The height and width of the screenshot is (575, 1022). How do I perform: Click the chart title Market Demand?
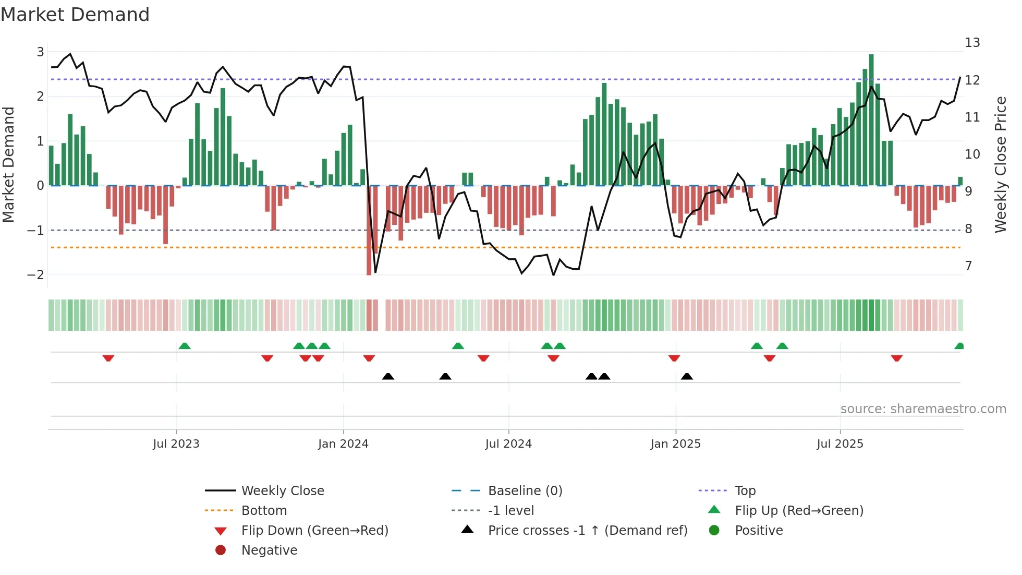pyautogui.click(x=75, y=15)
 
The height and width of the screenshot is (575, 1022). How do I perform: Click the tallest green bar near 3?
pyautogui.click(x=871, y=120)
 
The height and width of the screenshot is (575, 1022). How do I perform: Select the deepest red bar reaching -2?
pyautogui.click(x=369, y=230)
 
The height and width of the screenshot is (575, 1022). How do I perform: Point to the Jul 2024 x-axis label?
pyautogui.click(x=508, y=444)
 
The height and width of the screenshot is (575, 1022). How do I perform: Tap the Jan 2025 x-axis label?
pyautogui.click(x=675, y=444)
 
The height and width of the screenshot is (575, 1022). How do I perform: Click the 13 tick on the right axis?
pyautogui.click(x=972, y=43)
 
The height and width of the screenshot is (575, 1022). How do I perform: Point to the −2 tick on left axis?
pyautogui.click(x=35, y=275)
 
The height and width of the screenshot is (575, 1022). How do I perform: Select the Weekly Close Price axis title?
pyautogui.click(x=1000, y=164)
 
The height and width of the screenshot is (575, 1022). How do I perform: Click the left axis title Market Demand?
pyautogui.click(x=8, y=164)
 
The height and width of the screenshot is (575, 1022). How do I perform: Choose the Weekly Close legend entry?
pyautogui.click(x=282, y=491)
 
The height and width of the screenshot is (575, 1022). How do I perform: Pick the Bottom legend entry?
pyautogui.click(x=264, y=511)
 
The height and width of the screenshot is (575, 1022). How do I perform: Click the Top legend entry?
pyautogui.click(x=745, y=491)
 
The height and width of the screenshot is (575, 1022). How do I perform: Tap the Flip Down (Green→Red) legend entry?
pyautogui.click(x=314, y=531)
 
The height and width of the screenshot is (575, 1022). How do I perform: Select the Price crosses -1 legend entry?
pyautogui.click(x=587, y=531)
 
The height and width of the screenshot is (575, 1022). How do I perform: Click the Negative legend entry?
pyautogui.click(x=269, y=550)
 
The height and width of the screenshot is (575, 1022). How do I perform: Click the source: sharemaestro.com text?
pyautogui.click(x=923, y=409)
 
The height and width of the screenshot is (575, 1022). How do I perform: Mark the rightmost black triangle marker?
pyautogui.click(x=687, y=377)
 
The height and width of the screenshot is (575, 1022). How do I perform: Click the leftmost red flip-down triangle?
pyautogui.click(x=108, y=358)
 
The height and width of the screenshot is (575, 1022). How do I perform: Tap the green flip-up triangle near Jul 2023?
pyautogui.click(x=185, y=346)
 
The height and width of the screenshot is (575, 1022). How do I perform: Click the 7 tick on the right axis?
pyautogui.click(x=968, y=266)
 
